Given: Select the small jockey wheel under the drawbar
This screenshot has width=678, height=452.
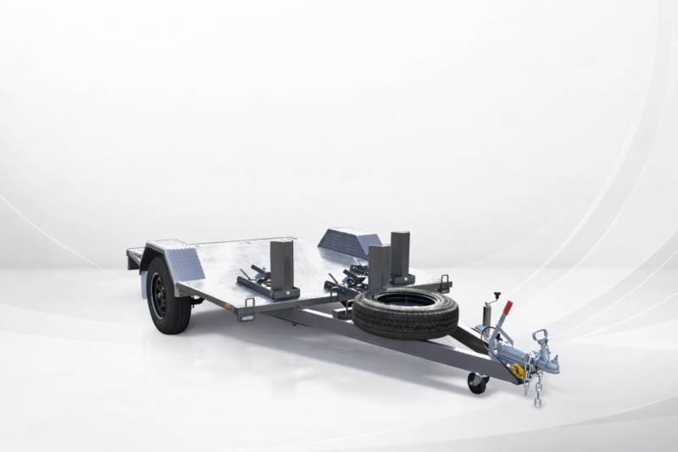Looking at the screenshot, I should point(477,383).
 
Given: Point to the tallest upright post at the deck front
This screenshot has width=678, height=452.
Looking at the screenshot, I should point(399,255).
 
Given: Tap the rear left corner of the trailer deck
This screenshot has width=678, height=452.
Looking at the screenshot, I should point(131,251).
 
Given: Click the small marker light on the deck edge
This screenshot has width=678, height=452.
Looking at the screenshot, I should point(245,318).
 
